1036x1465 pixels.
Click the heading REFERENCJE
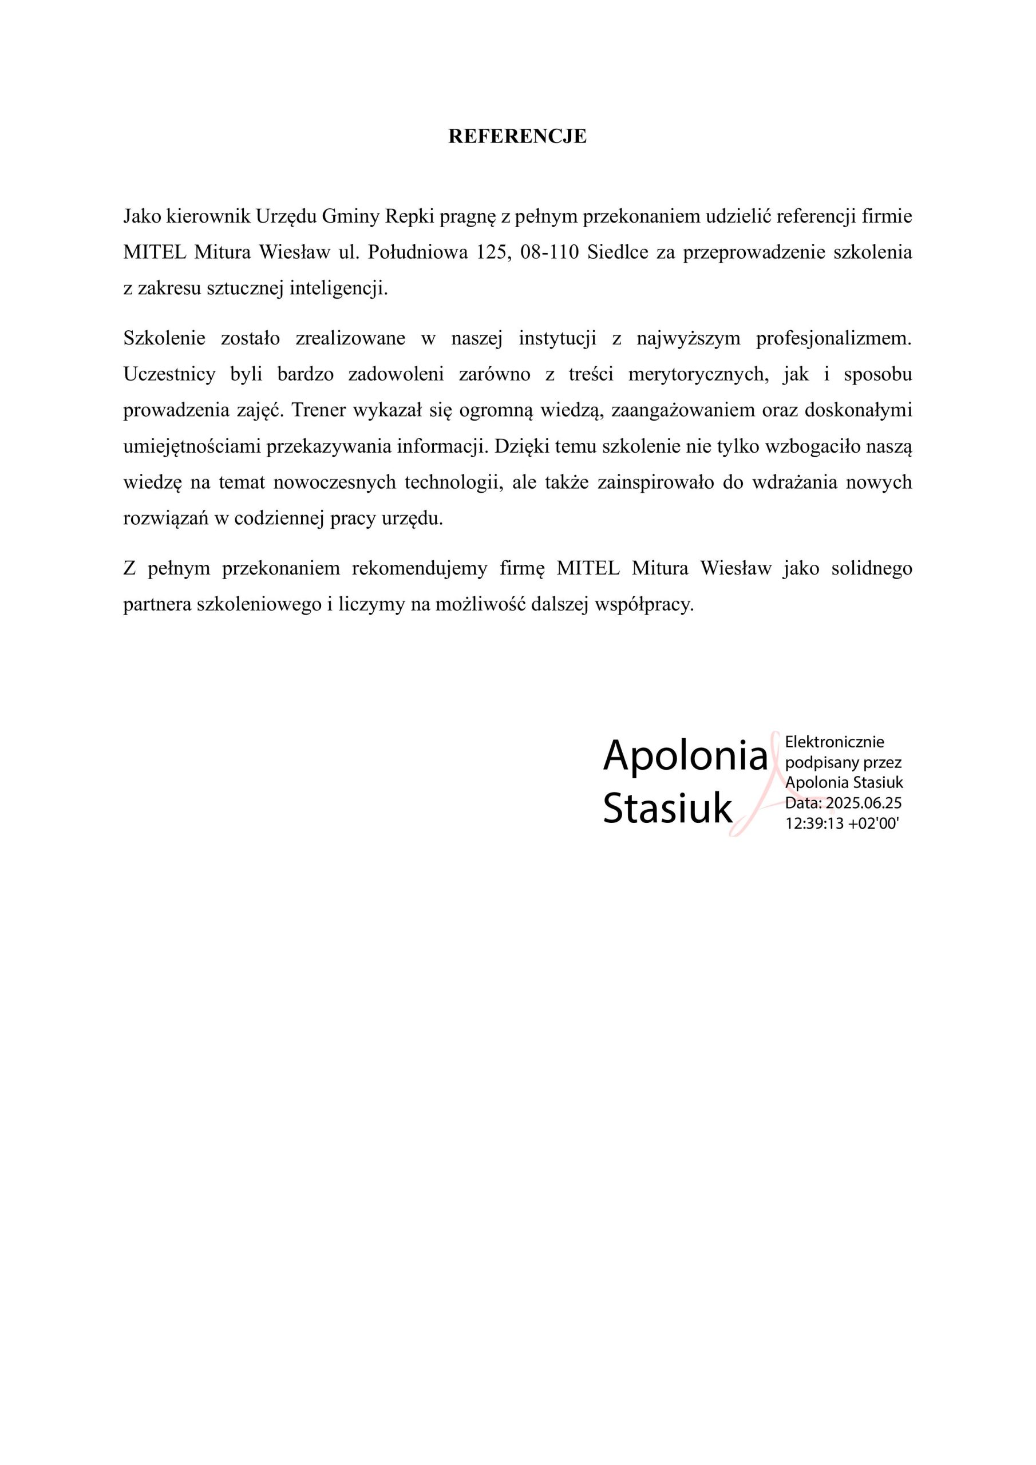(517, 137)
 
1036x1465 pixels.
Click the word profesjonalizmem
(833, 338)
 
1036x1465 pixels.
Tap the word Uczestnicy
(169, 374)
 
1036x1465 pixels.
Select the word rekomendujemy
(420, 568)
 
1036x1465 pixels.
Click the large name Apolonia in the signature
(685, 755)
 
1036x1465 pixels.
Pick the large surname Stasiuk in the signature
(668, 809)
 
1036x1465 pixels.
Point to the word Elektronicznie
(835, 742)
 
